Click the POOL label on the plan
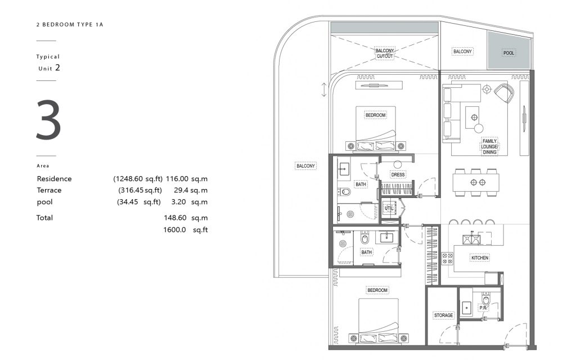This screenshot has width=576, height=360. tap(508, 53)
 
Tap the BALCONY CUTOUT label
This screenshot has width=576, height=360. tap(385, 53)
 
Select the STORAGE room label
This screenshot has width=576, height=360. tap(443, 315)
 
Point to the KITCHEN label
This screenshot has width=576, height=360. tap(480, 258)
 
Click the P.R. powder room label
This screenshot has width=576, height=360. tap(483, 308)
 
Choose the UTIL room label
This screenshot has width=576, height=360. tap(388, 208)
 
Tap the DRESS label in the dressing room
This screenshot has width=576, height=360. tap(398, 175)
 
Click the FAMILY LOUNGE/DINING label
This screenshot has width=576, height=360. tap(490, 147)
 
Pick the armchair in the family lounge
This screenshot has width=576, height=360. tap(504, 93)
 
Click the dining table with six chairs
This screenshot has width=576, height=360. tap(476, 182)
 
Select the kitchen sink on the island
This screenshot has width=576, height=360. tap(471, 239)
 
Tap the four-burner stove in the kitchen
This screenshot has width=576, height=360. tap(447, 258)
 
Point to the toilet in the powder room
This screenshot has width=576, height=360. tap(485, 299)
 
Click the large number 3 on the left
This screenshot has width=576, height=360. tap(48, 120)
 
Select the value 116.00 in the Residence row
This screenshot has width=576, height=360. tap(177, 179)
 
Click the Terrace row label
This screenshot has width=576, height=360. tap(49, 190)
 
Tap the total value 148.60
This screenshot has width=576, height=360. tap(175, 218)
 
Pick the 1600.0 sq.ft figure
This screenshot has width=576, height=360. tap(186, 230)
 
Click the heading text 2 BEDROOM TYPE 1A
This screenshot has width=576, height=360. tap(70, 25)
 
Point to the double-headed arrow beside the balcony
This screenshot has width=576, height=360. tap(323, 89)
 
